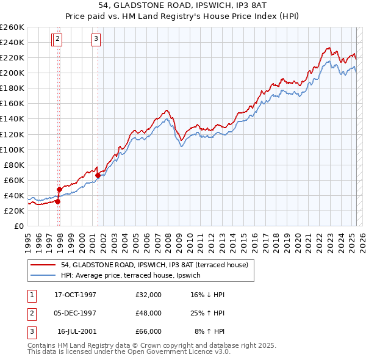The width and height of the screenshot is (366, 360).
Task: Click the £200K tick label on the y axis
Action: pos(12,73)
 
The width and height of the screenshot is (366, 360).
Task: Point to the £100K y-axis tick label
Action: pos(12,149)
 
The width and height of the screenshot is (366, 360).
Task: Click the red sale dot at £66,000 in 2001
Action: pos(98,175)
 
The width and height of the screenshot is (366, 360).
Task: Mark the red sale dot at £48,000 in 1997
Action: pos(59,189)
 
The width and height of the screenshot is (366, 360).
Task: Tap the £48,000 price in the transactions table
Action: pos(148,313)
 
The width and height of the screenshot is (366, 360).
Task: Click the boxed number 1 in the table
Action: pos(31,295)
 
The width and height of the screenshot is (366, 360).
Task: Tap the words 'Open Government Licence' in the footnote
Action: pos(162,351)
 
